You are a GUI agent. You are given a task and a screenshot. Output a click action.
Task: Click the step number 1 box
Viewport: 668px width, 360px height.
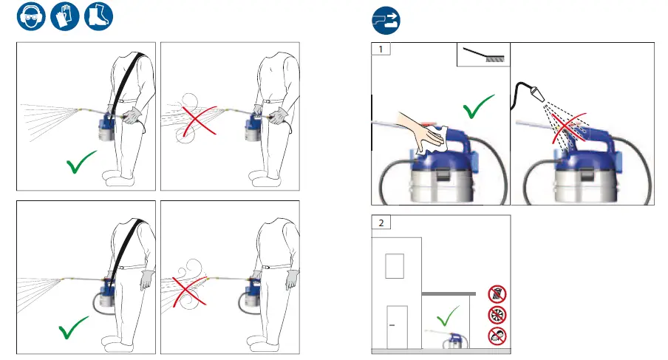pyautogui.click(x=381, y=51)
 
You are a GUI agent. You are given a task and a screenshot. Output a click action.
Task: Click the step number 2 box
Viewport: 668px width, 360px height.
pyautogui.click(x=381, y=223)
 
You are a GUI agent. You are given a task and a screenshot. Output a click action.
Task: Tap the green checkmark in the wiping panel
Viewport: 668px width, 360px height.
pyautogui.click(x=478, y=111)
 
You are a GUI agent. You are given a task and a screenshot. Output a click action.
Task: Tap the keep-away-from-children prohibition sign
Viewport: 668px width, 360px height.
pyautogui.click(x=497, y=336)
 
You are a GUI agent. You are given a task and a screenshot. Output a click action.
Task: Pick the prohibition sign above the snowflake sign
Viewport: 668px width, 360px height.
pyautogui.click(x=497, y=293)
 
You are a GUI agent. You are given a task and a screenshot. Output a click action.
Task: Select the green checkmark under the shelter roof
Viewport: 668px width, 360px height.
pyautogui.click(x=446, y=319)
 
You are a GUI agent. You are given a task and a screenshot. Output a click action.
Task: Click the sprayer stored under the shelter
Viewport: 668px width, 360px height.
pyautogui.click(x=454, y=341)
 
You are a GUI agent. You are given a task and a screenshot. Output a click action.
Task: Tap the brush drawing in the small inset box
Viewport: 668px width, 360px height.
pyautogui.click(x=483, y=56)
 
